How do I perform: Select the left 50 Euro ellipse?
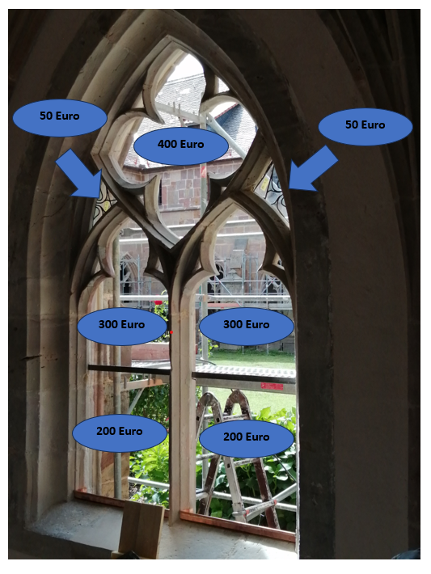tap(60, 117)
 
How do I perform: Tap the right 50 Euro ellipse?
tap(365, 126)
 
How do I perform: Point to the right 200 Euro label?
tap(247, 438)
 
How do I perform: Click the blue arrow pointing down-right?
tap(79, 173)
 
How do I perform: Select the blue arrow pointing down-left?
tap(313, 168)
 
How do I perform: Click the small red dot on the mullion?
tap(171, 332)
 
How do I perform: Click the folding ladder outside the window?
tap(238, 458)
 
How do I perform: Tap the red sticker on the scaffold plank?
tap(272, 386)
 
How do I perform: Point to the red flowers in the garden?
tap(158, 303)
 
